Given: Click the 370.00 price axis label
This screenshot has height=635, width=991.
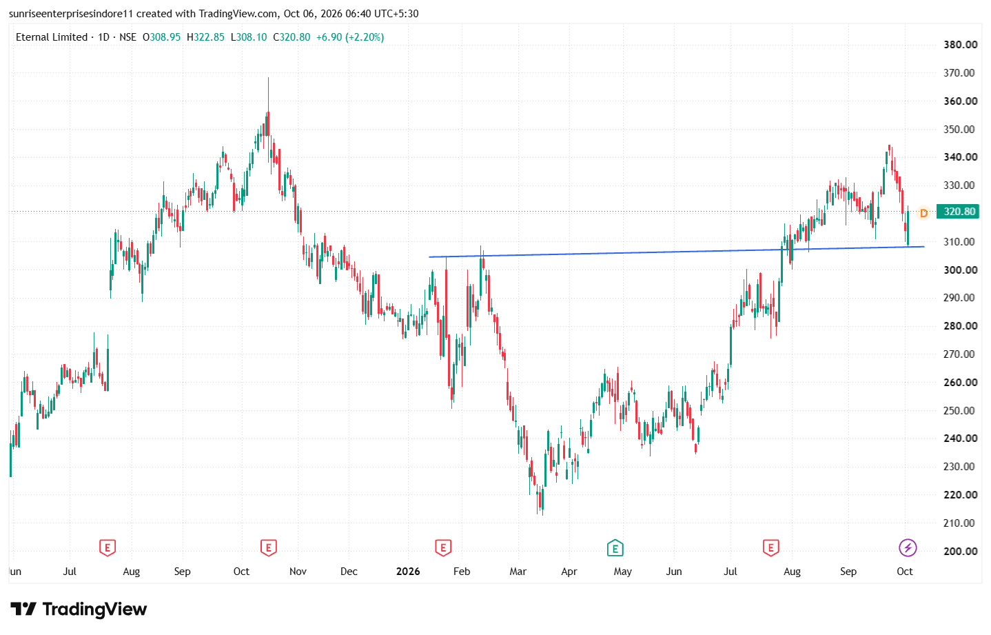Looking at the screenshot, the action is click(959, 72).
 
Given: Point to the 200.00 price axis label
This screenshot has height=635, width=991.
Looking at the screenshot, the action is click(959, 551).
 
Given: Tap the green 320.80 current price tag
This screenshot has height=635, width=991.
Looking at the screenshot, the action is click(959, 212).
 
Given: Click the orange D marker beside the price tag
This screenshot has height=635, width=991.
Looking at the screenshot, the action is click(923, 213).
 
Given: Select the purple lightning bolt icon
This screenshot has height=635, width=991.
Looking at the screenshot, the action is click(908, 548).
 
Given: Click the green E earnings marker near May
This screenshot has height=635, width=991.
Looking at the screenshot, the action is click(615, 548).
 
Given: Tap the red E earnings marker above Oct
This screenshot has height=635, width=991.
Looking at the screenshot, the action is click(268, 548).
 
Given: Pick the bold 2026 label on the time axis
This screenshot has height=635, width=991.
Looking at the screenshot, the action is click(407, 572).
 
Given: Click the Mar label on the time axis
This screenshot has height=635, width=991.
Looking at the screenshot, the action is click(518, 572).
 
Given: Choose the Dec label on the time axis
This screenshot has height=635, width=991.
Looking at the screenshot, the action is click(349, 572).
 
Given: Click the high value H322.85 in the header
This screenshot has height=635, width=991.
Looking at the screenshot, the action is click(205, 37).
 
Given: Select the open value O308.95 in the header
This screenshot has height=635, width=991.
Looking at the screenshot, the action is click(161, 37).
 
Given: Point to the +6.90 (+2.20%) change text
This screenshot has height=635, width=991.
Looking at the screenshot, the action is click(350, 37).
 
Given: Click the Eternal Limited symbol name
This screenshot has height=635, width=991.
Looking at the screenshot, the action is click(51, 37).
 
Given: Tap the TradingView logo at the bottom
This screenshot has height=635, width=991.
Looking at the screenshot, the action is click(79, 609).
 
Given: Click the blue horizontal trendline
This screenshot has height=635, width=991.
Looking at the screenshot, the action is click(677, 252).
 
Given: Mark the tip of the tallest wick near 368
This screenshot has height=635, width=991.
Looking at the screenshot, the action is click(268, 77).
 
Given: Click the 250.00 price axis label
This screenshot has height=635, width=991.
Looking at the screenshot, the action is click(959, 410).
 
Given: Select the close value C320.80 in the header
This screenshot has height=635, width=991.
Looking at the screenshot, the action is click(292, 37).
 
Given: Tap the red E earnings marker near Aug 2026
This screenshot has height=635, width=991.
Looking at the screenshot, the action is click(770, 548).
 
